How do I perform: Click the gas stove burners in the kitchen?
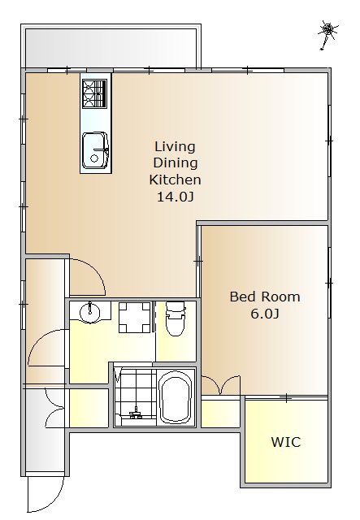pos(95,94)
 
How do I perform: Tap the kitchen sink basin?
pos(95,150)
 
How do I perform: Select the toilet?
pos(176,318)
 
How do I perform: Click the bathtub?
pos(176,398)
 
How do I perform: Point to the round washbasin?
pos(90,312)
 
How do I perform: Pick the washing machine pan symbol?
pos(135,318)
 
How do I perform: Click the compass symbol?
pos(327,34)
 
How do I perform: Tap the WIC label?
pos(286,442)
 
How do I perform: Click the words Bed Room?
pos(265,297)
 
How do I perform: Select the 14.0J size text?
pos(175,197)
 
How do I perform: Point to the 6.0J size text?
pos(264,314)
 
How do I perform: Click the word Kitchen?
pos(175,180)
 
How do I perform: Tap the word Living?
pos(175,146)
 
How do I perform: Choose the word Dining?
pos(176,162)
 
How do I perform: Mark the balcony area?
pos(111,48)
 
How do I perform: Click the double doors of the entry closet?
pos(54,407)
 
